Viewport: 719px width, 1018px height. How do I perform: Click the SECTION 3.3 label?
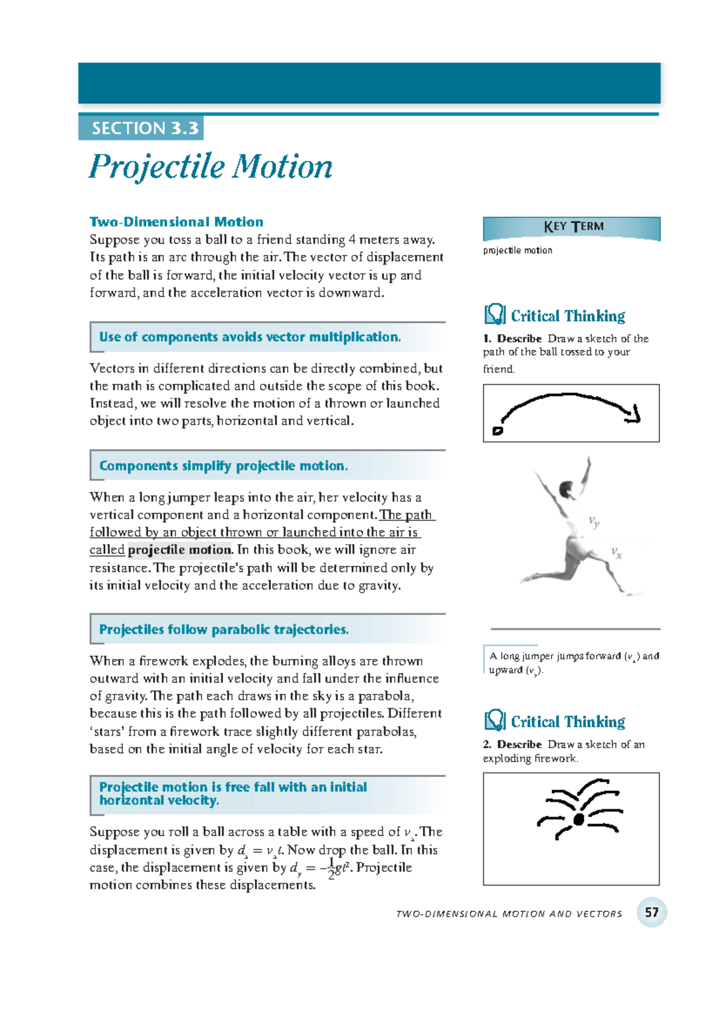(x=144, y=128)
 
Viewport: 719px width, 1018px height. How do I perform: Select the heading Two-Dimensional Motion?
(x=176, y=222)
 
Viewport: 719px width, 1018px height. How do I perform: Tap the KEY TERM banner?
(x=573, y=227)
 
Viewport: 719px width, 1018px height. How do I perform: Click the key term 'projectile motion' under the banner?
(x=518, y=251)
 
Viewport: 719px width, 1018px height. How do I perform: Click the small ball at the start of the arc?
(x=497, y=430)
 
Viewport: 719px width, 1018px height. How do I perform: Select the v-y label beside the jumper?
(x=594, y=522)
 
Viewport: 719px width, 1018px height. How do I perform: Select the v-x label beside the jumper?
(x=617, y=552)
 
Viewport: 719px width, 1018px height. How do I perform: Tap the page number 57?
(x=651, y=912)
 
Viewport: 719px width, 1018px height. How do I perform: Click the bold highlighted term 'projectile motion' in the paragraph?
(x=179, y=550)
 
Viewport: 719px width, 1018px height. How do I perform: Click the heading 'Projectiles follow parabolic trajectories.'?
(x=224, y=630)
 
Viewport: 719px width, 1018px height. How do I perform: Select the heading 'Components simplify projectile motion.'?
(x=223, y=466)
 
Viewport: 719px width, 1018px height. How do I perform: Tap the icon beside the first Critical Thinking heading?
(x=494, y=314)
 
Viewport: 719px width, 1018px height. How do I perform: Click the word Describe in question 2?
(x=519, y=745)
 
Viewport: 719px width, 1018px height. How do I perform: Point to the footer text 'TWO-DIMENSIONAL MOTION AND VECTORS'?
(x=509, y=914)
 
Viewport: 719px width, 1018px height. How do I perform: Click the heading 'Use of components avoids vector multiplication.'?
(x=250, y=337)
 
